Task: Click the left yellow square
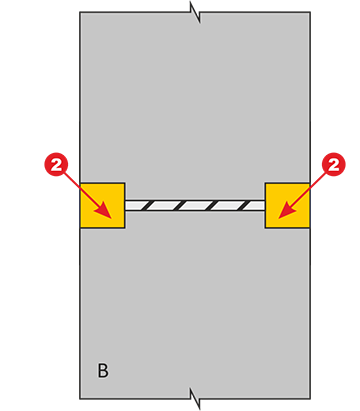(x=102, y=205)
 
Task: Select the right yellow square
(x=287, y=205)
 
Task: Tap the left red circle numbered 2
(x=56, y=165)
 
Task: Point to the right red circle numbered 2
(x=334, y=165)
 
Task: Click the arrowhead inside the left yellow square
(x=104, y=212)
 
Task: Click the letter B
(x=103, y=370)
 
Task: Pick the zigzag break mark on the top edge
(x=195, y=12)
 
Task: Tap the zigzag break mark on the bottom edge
(x=195, y=398)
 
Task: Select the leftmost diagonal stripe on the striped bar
(x=147, y=205)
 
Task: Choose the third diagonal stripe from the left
(x=213, y=205)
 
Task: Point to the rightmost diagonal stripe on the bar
(x=246, y=205)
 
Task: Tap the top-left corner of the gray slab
(x=80, y=12)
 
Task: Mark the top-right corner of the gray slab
(x=310, y=12)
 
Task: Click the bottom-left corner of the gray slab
(x=80, y=399)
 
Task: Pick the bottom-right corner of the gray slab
(x=310, y=399)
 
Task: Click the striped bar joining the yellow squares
(x=195, y=205)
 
